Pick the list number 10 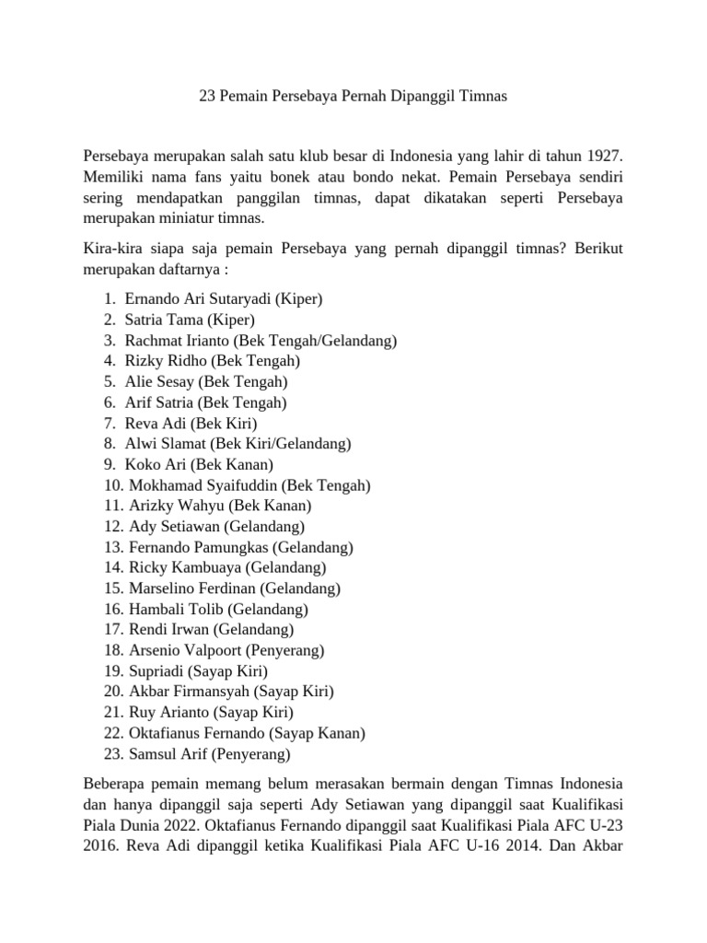[x=113, y=485]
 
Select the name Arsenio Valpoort [x=182, y=651]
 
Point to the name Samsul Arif [x=168, y=754]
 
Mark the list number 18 [x=113, y=651]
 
